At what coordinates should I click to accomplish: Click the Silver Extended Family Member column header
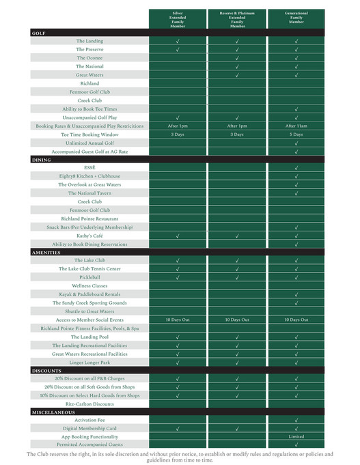[178, 18]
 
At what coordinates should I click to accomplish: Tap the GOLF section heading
[40, 33]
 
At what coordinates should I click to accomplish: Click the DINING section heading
[42, 159]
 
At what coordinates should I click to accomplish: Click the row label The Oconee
[89, 58]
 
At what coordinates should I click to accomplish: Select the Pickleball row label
[89, 277]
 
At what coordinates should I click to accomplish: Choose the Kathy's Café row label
[89, 236]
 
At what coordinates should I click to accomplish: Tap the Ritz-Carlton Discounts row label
[89, 404]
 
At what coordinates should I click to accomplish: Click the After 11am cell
[296, 126]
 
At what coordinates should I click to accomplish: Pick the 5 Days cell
[296, 135]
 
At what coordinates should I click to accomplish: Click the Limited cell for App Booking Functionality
[296, 436]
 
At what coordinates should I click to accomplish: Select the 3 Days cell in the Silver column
[178, 135]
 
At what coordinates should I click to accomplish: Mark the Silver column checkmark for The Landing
[178, 41]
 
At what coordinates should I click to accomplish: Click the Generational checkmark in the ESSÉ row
[296, 168]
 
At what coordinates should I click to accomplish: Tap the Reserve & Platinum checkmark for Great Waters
[237, 75]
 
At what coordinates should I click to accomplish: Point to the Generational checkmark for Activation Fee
[296, 420]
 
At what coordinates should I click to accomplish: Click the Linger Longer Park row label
[89, 362]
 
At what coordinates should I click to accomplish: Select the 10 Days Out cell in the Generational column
[296, 320]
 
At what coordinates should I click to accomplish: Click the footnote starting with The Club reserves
[180, 457]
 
